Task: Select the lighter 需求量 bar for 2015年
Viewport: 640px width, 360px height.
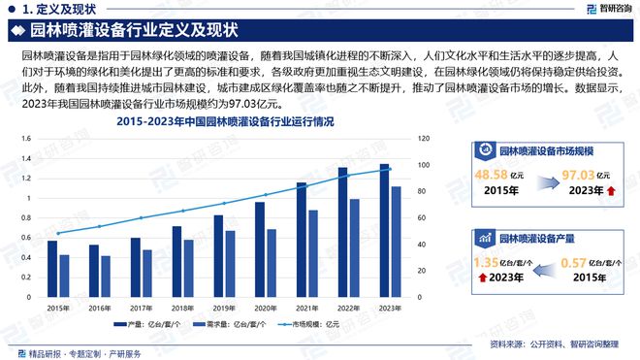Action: tap(64, 277)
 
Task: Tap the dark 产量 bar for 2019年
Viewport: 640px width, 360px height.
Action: tap(218, 257)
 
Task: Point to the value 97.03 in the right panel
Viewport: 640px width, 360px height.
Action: tap(574, 175)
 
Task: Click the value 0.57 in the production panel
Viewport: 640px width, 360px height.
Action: tap(574, 262)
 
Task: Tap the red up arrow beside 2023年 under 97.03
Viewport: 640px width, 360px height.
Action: tap(609, 192)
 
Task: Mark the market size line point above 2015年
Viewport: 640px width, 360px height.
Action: tap(58, 233)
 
